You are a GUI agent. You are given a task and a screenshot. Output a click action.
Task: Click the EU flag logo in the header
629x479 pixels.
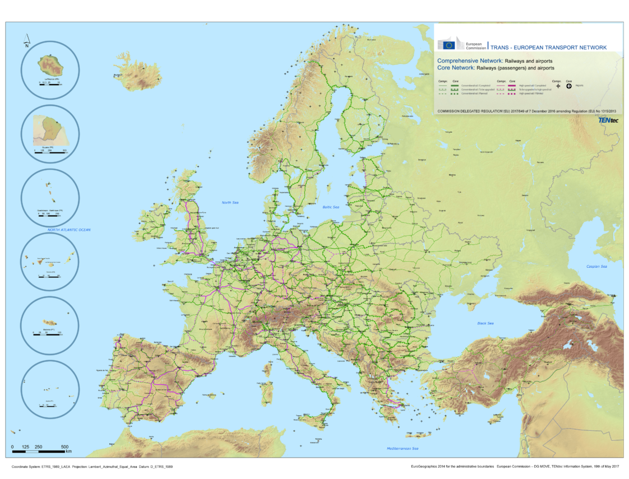(x=447, y=45)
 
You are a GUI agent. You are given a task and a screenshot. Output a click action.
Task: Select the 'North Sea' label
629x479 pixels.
(x=230, y=202)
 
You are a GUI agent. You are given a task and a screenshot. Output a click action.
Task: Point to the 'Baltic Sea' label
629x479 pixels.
(x=331, y=207)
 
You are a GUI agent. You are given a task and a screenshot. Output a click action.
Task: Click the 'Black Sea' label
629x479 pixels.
(x=485, y=323)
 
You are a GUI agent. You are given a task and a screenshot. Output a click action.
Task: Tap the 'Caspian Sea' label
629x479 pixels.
(x=596, y=266)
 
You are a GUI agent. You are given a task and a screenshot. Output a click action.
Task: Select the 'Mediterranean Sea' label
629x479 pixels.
(x=403, y=448)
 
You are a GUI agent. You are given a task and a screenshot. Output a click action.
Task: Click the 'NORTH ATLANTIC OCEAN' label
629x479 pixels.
(x=69, y=230)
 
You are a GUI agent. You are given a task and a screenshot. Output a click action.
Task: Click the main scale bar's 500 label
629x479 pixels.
(x=64, y=447)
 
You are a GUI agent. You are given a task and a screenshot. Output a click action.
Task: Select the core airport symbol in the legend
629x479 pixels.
(x=569, y=86)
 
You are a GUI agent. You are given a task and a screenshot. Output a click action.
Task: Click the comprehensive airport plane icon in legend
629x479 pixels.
(x=556, y=86)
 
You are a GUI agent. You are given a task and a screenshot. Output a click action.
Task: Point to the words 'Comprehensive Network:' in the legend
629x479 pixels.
(x=469, y=60)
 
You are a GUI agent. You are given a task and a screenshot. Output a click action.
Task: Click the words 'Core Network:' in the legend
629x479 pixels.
(x=455, y=67)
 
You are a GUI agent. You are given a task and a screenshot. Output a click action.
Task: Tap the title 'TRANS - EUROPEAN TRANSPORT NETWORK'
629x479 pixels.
(x=548, y=48)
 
